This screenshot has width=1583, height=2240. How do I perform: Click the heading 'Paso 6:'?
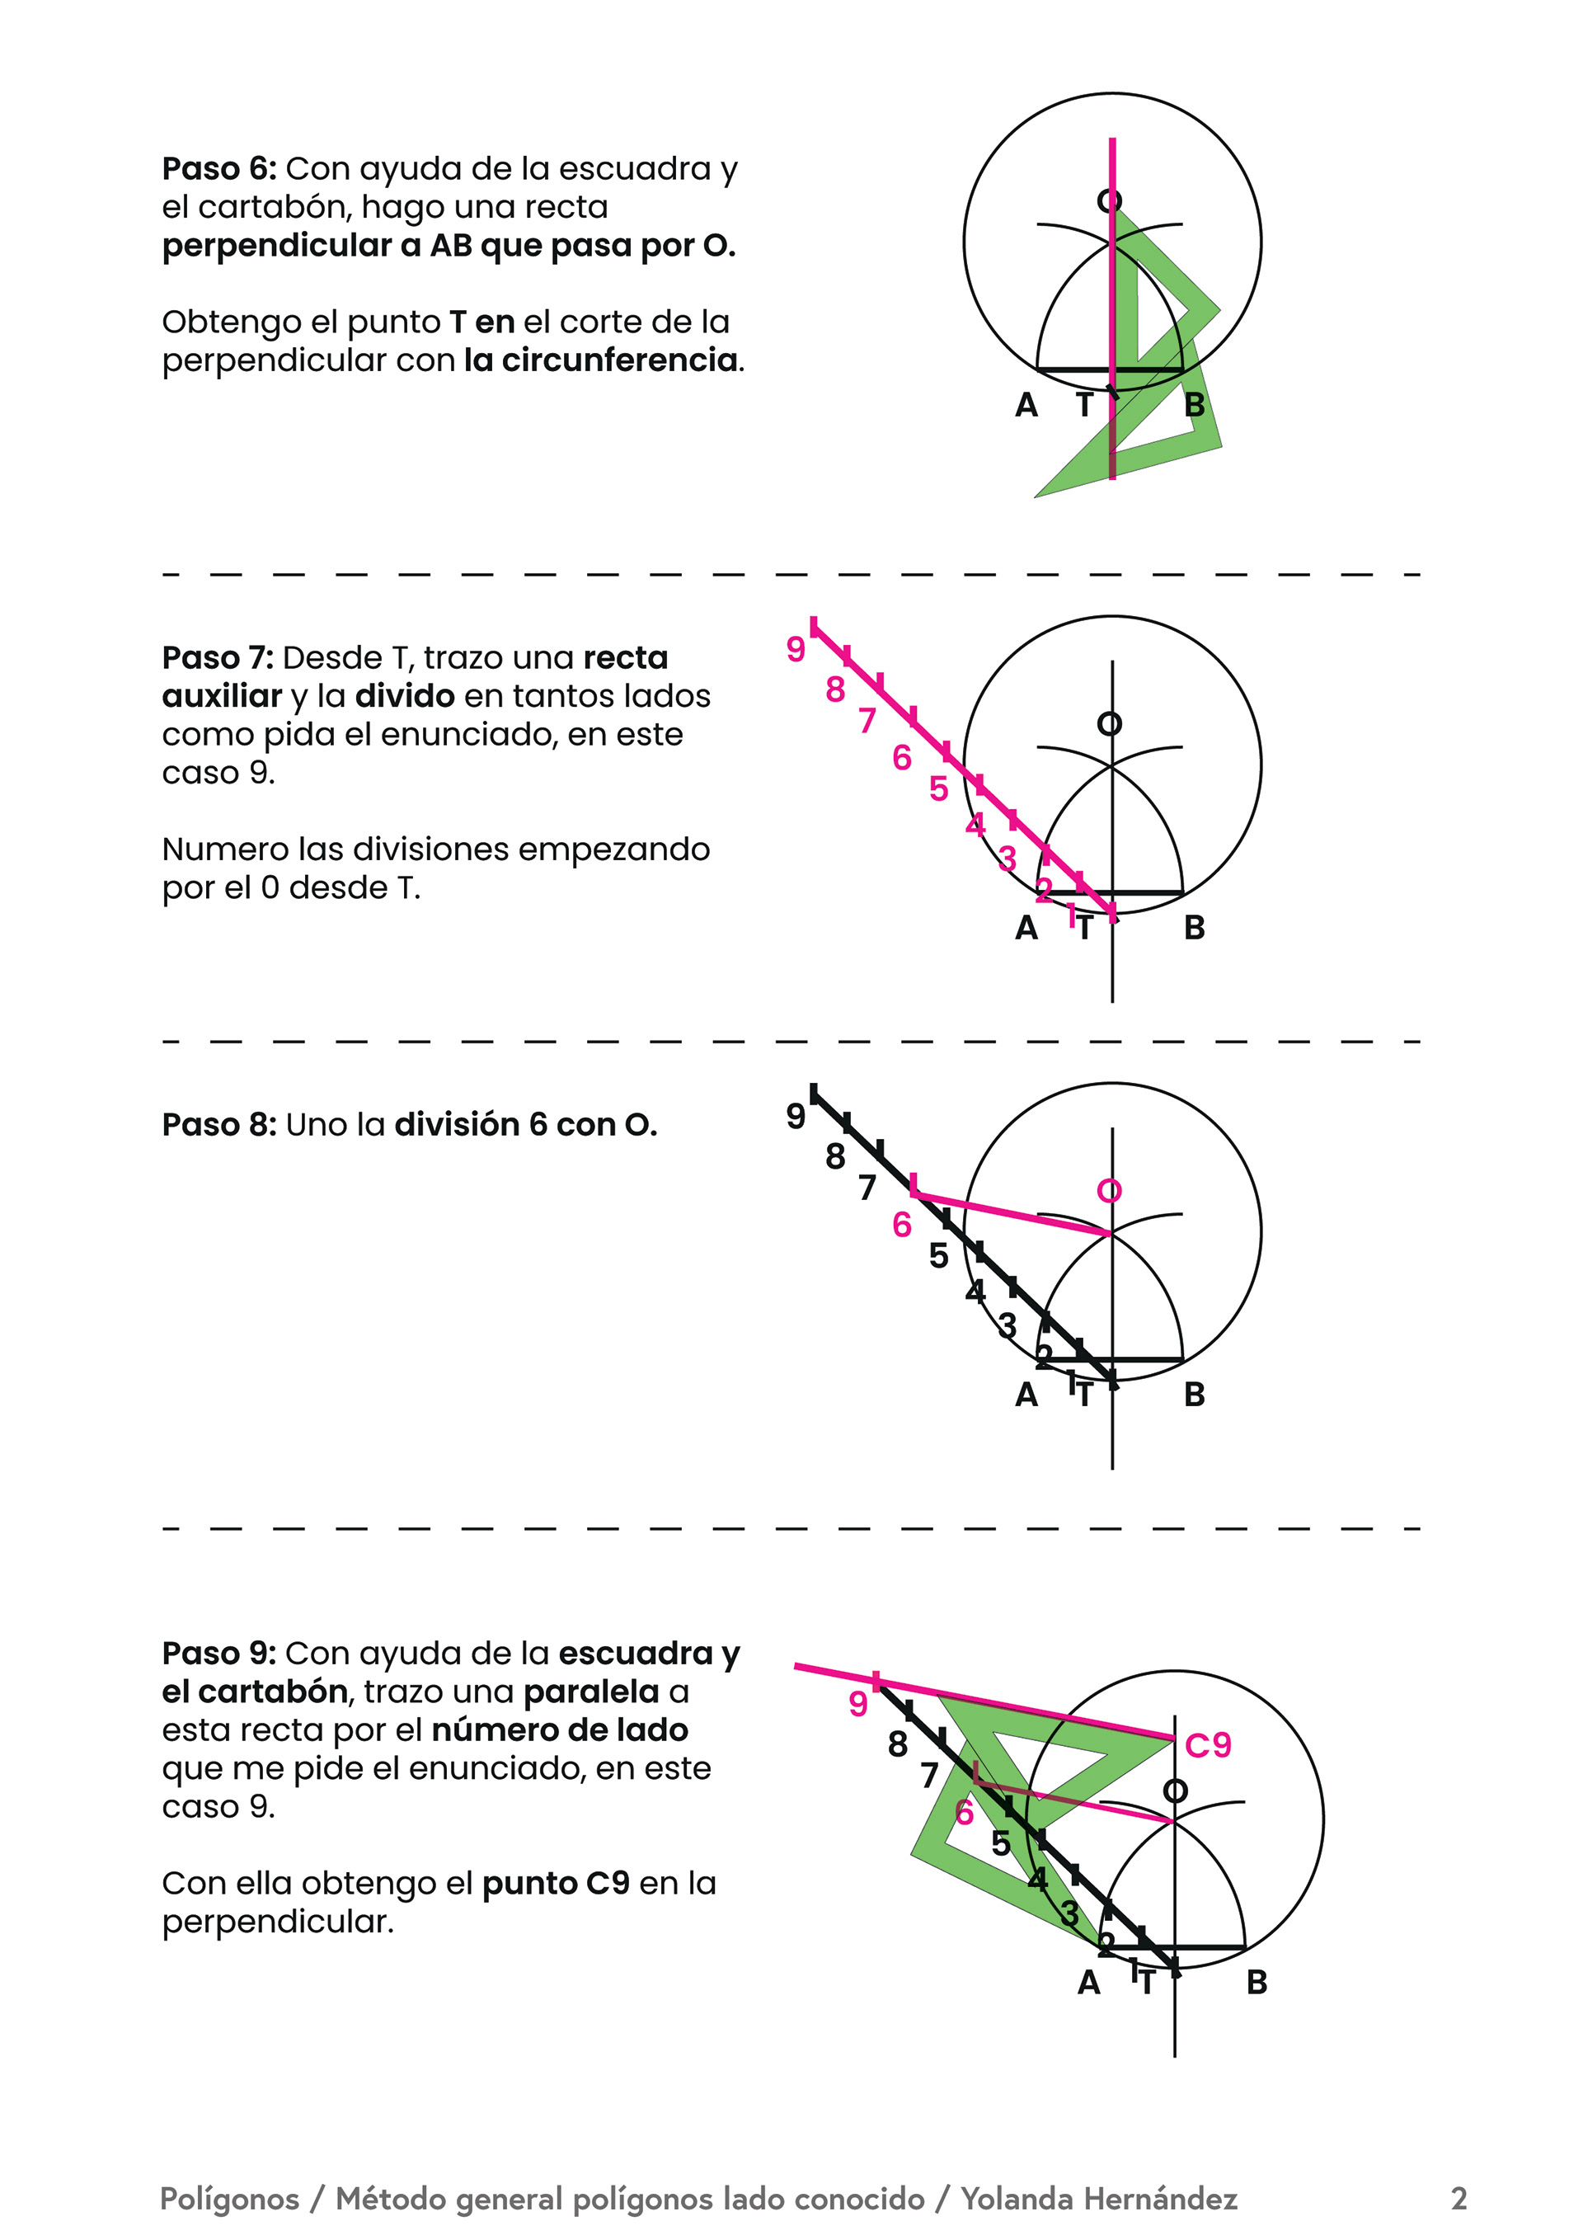[x=219, y=169]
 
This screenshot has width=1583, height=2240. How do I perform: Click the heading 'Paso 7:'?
[x=218, y=657]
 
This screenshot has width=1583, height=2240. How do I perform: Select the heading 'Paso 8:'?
[x=219, y=1125]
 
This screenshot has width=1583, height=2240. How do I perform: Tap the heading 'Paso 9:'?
[x=219, y=1654]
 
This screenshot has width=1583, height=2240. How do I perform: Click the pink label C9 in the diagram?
[x=1208, y=1744]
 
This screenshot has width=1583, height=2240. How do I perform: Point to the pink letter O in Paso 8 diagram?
[x=1109, y=1191]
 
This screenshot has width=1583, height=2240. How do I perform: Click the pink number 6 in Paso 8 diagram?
[x=901, y=1225]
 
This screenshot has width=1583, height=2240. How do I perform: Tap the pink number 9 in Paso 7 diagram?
[x=796, y=649]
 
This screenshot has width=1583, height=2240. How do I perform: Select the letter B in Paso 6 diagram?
[x=1194, y=405]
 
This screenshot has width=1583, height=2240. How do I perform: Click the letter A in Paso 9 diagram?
[x=1088, y=1984]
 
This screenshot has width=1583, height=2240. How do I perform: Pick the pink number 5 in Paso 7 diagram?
[x=938, y=788]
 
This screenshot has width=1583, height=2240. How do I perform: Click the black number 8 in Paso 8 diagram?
[x=835, y=1157]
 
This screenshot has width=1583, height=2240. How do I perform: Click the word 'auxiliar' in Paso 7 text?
[x=223, y=697]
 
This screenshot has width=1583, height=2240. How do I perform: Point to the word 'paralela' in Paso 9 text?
[x=592, y=1692]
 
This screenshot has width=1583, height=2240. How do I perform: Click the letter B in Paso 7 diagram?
[x=1194, y=928]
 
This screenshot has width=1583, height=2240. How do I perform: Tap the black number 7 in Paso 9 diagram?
[x=929, y=1776]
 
